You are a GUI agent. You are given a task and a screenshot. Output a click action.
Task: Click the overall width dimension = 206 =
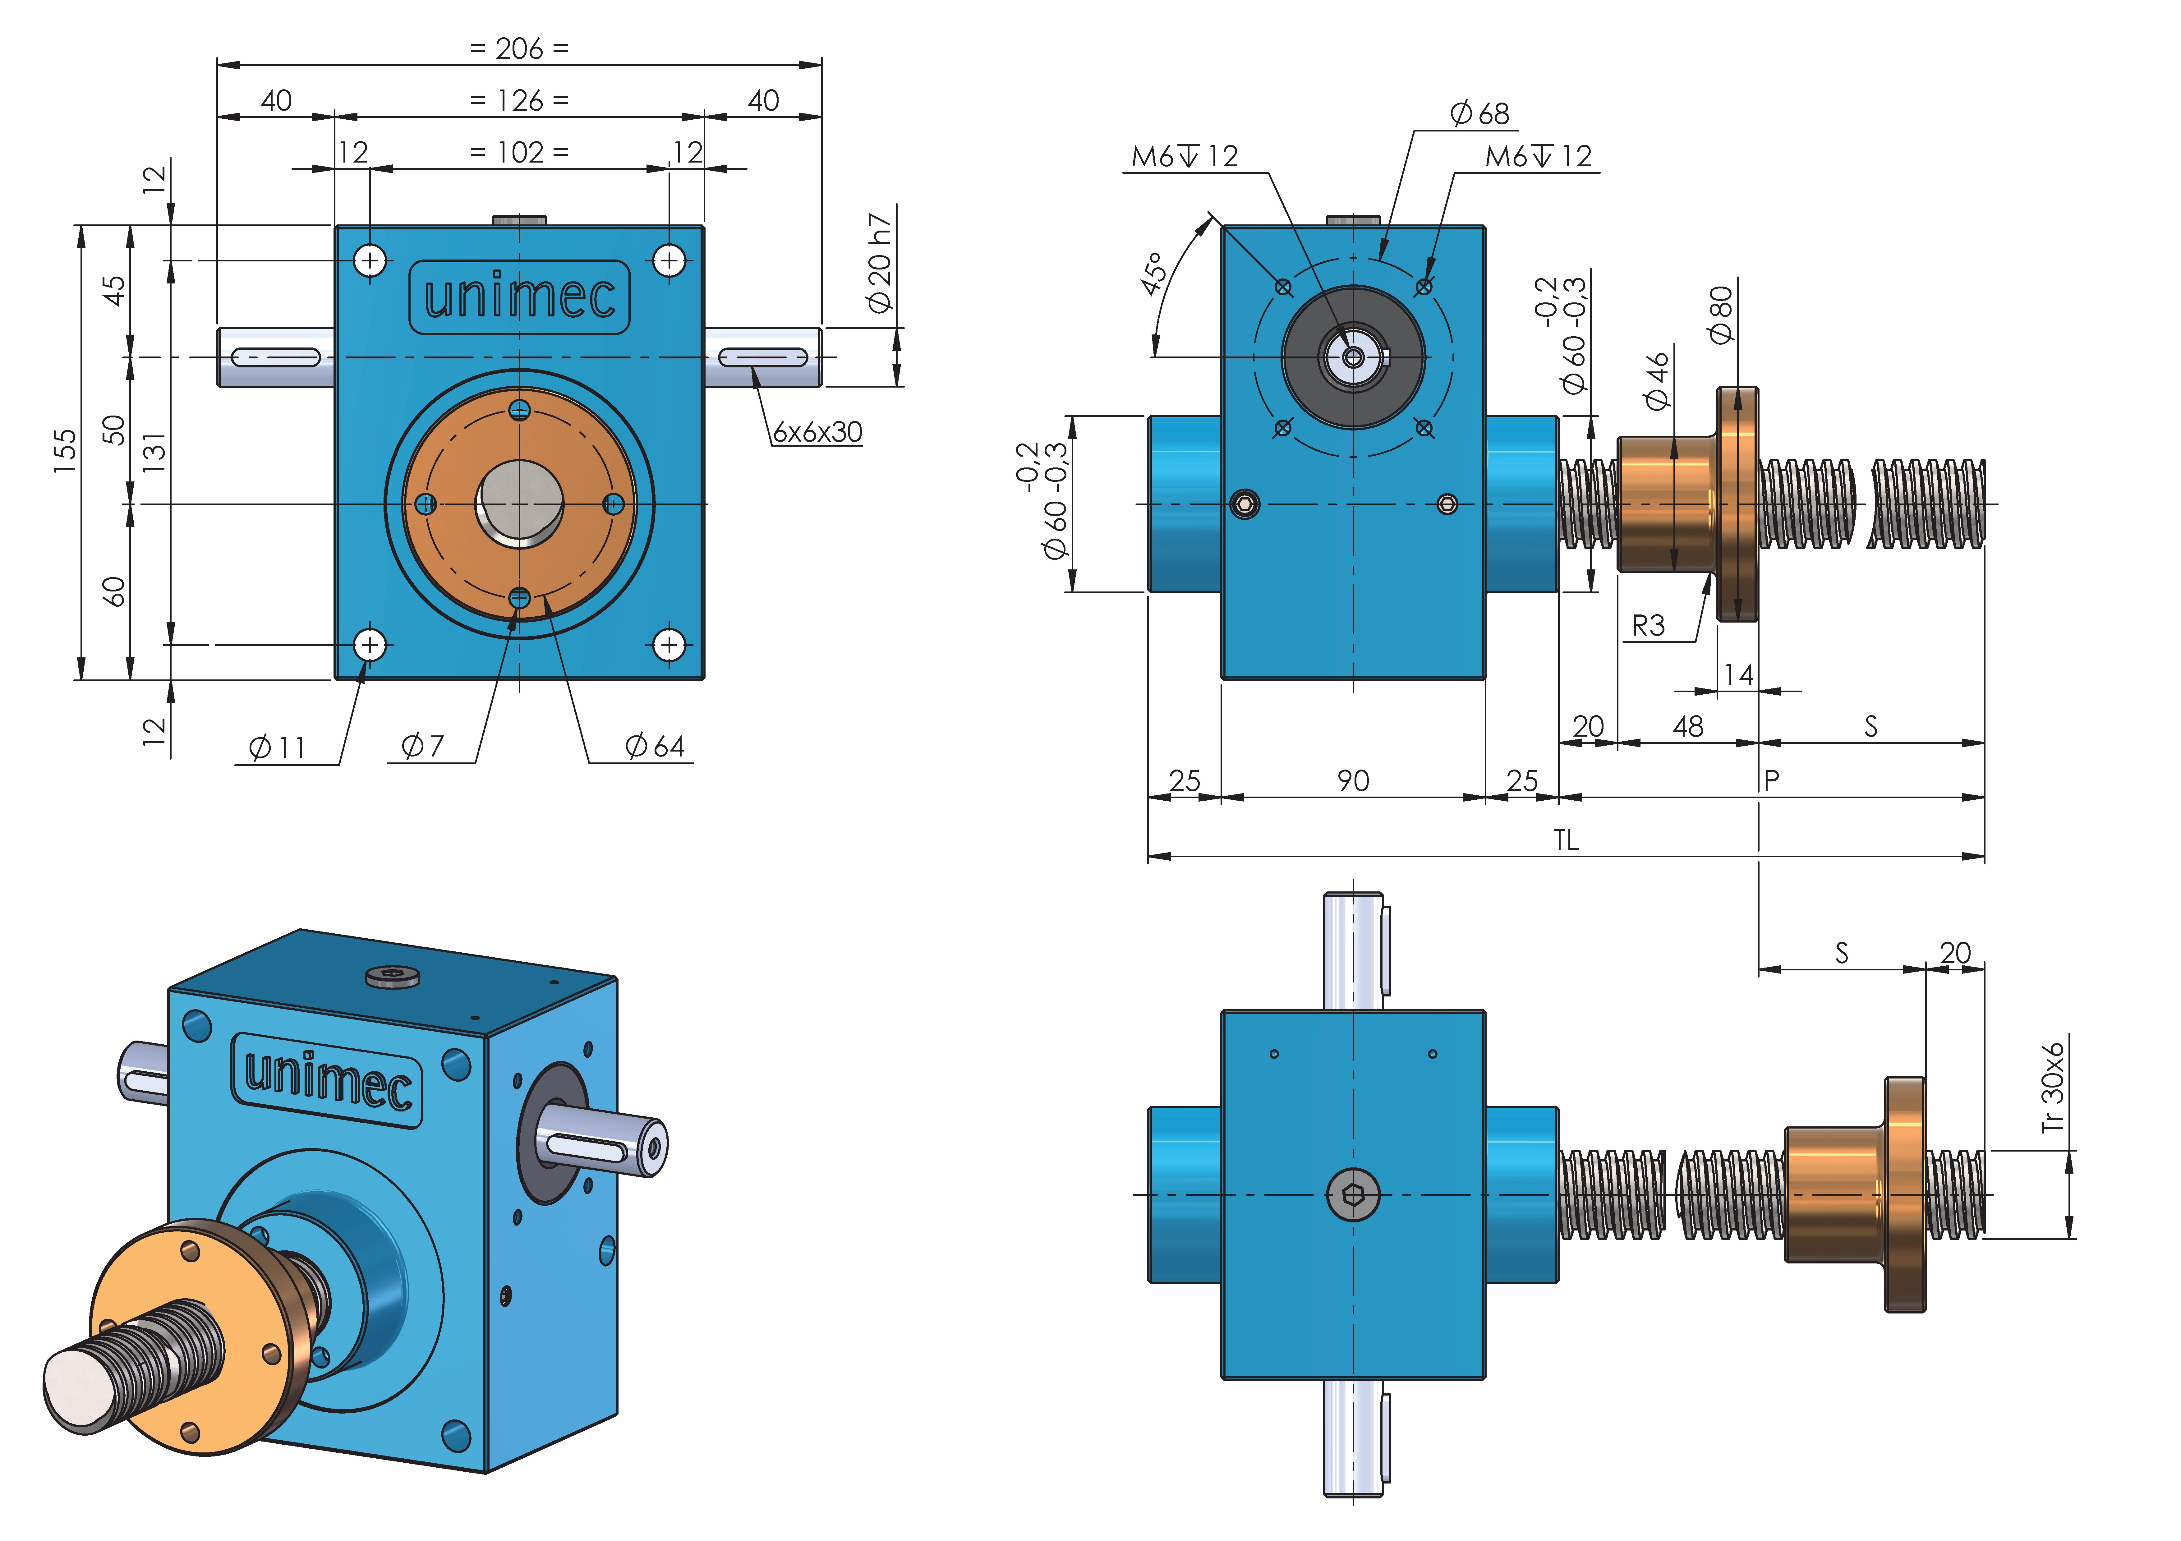[520, 48]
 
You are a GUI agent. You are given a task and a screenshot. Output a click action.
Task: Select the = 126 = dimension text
[520, 101]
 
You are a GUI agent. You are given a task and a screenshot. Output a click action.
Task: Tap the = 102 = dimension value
[520, 153]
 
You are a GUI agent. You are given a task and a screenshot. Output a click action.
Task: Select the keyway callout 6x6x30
[817, 432]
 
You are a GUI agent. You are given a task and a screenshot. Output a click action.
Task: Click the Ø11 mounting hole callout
[277, 748]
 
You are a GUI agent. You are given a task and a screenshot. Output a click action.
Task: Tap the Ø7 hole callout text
[423, 746]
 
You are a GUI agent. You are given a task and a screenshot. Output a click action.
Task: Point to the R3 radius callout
[1648, 626]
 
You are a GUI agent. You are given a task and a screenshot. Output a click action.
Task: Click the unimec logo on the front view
[520, 297]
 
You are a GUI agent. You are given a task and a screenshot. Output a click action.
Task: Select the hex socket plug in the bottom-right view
[1353, 1194]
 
